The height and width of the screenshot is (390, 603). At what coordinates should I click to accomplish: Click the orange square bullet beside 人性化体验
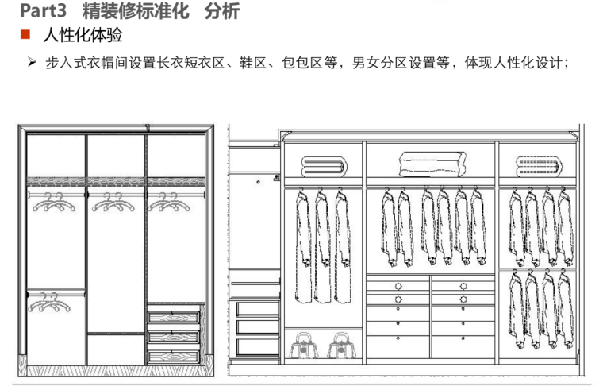pyautogui.click(x=25, y=36)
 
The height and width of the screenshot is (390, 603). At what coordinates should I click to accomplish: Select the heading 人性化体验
pyautogui.click(x=83, y=36)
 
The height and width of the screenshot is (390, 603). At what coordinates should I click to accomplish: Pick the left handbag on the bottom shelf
pyautogui.click(x=302, y=346)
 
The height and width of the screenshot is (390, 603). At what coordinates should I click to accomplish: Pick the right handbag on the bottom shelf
pyautogui.click(x=341, y=346)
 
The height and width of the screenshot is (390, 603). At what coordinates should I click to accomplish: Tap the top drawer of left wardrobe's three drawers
pyautogui.click(x=175, y=318)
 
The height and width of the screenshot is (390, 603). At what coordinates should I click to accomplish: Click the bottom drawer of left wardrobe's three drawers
pyautogui.click(x=175, y=357)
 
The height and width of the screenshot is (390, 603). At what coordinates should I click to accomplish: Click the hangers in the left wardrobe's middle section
pyautogui.click(x=112, y=203)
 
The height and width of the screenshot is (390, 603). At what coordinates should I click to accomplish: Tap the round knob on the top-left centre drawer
pyautogui.click(x=398, y=284)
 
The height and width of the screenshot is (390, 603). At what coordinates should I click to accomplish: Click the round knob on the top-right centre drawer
pyautogui.click(x=464, y=284)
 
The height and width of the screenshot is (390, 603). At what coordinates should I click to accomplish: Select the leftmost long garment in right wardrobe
pyautogui.click(x=302, y=246)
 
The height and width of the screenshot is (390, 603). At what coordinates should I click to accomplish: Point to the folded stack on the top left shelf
pyautogui.click(x=323, y=166)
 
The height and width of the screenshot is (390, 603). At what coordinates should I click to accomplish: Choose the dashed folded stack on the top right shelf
pyautogui.click(x=536, y=166)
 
